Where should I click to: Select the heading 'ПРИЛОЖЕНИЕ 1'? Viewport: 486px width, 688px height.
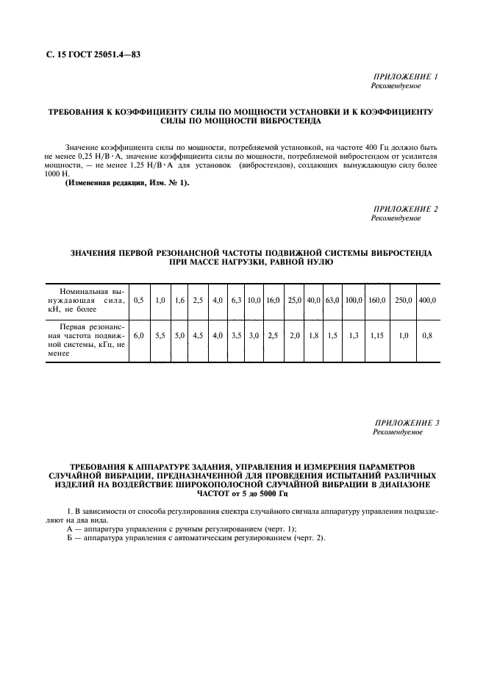pos(406,77)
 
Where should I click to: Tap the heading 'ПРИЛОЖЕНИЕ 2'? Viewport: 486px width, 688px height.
pos(406,209)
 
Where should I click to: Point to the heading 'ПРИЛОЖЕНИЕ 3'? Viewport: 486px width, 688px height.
pos(406,423)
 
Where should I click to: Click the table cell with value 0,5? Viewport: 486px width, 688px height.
pos(138,300)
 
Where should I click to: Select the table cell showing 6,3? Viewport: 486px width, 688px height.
pos(236,300)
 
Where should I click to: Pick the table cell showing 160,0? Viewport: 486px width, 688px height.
pos(376,300)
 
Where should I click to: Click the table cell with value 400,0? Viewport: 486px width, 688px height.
pos(426,300)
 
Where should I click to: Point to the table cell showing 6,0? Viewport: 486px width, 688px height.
pos(138,335)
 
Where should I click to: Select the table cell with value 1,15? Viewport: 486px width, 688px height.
pos(376,335)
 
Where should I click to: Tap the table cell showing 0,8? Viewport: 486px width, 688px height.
pos(426,335)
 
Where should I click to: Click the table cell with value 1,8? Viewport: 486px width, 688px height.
pos(314,335)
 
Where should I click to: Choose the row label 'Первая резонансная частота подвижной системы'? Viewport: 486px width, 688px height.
pos(83,340)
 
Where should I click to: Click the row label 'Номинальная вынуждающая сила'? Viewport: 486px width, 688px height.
pos(83,300)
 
